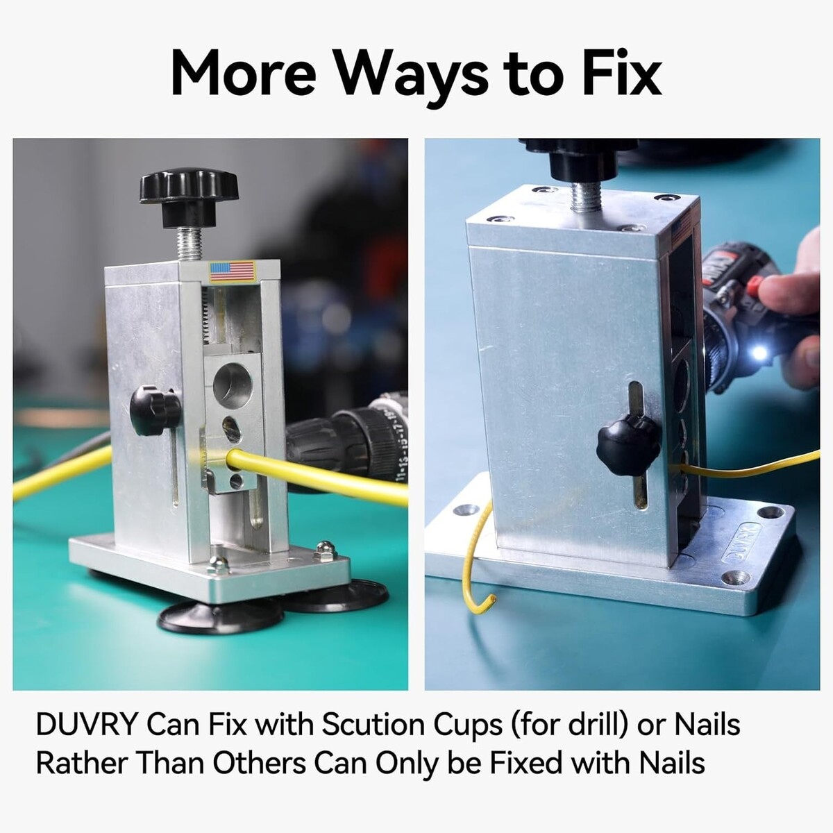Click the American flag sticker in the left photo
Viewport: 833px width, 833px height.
(x=232, y=271)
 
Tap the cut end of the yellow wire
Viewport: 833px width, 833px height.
(x=492, y=599)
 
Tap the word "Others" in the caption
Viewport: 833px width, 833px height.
(x=260, y=763)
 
